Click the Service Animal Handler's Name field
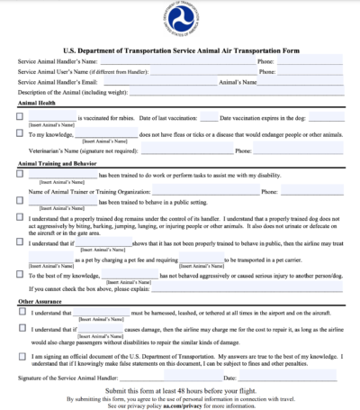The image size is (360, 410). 180,60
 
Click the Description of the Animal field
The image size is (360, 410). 225,92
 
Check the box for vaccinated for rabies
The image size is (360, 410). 21,117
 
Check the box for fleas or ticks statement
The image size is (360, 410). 21,132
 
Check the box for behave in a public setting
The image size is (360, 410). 21,205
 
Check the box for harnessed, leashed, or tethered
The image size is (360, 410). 21,312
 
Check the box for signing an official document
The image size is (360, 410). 21,355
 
